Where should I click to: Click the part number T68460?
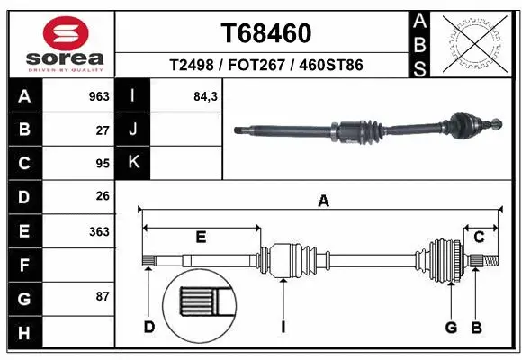(x=266, y=33)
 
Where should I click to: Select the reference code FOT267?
(x=266, y=67)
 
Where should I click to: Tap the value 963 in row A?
(x=98, y=96)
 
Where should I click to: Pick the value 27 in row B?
(x=102, y=130)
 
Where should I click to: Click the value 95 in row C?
(x=102, y=164)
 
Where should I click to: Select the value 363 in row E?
(x=98, y=231)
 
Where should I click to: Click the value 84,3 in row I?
(x=206, y=96)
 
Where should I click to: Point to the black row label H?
(x=24, y=333)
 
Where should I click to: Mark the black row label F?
(x=24, y=265)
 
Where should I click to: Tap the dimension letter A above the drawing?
(x=323, y=202)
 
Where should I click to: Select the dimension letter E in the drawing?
(x=202, y=238)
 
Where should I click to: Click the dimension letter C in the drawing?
(x=479, y=238)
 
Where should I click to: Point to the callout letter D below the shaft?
(x=149, y=327)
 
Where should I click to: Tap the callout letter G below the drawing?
(x=452, y=327)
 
